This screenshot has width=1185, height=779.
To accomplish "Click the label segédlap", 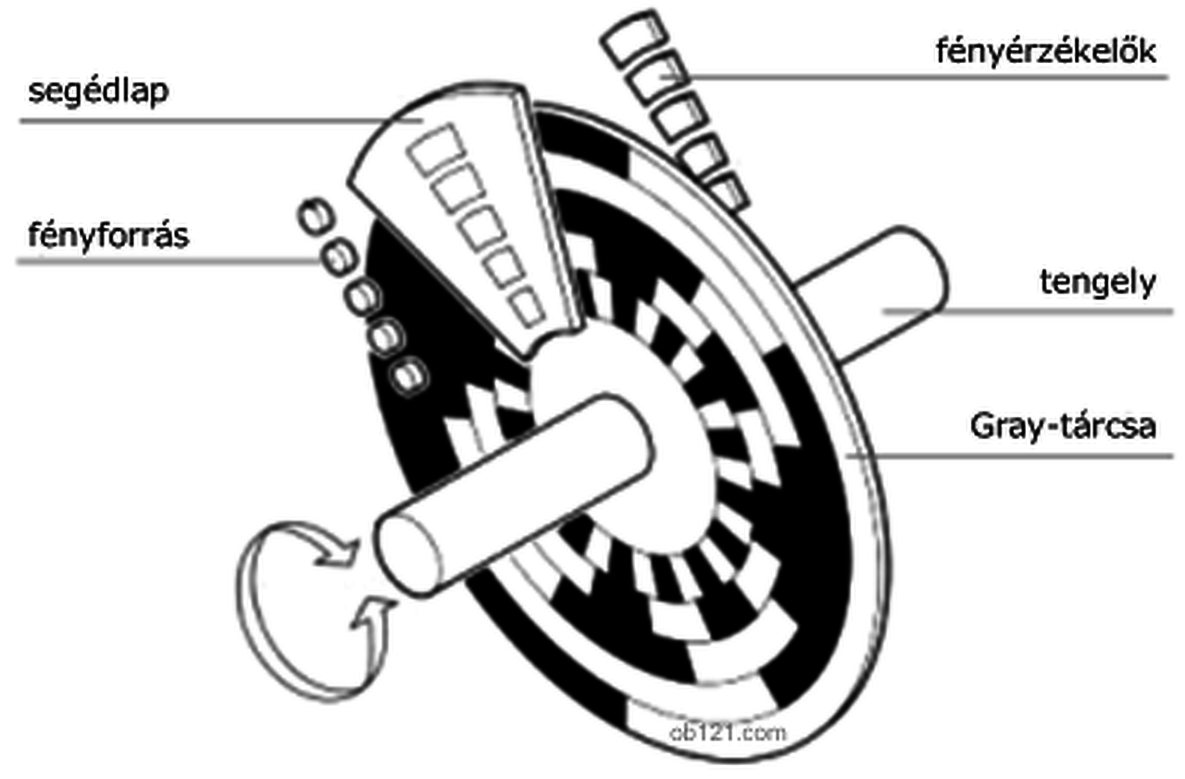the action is pyautogui.click(x=98, y=93).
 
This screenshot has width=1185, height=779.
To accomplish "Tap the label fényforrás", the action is pyautogui.click(x=108, y=234).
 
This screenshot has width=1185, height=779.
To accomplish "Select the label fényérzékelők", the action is pyautogui.click(x=1046, y=51).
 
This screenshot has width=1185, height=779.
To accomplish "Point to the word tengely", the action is pyautogui.click(x=1098, y=283).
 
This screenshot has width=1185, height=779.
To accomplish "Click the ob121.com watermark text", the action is pyautogui.click(x=727, y=731).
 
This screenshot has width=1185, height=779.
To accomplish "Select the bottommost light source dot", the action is pyautogui.click(x=407, y=375).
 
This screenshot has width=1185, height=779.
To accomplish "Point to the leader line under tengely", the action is pyautogui.click(x=1028, y=312).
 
